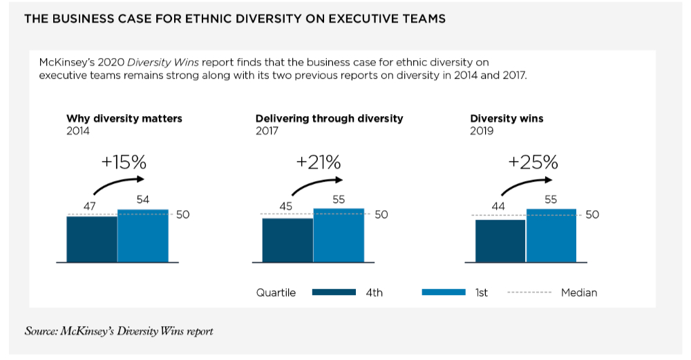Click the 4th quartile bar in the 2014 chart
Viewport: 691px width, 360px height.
click(x=92, y=239)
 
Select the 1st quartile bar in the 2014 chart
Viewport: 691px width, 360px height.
click(x=143, y=236)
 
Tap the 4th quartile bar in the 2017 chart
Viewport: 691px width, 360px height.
click(x=287, y=240)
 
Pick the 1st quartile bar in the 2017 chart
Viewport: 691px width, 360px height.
click(x=339, y=235)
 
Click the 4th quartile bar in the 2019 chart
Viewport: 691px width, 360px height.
click(x=500, y=240)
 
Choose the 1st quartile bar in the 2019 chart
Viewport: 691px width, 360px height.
click(x=551, y=235)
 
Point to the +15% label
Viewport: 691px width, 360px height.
click(x=124, y=162)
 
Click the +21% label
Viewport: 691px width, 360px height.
click(x=319, y=162)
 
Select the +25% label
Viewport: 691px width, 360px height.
click(x=533, y=162)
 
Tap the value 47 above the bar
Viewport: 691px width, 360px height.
click(x=90, y=206)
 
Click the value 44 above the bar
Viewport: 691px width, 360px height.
click(x=498, y=206)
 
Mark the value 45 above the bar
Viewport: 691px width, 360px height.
click(x=285, y=206)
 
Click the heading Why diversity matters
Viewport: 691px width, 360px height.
click(x=124, y=118)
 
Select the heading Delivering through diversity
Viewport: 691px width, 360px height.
click(x=329, y=118)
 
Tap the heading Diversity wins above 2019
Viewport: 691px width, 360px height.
click(x=507, y=118)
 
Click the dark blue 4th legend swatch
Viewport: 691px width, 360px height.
click(x=334, y=292)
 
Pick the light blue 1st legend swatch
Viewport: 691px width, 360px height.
click(x=444, y=292)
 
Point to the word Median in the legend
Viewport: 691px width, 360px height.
click(x=579, y=292)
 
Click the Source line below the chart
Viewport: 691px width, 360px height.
click(x=119, y=331)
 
